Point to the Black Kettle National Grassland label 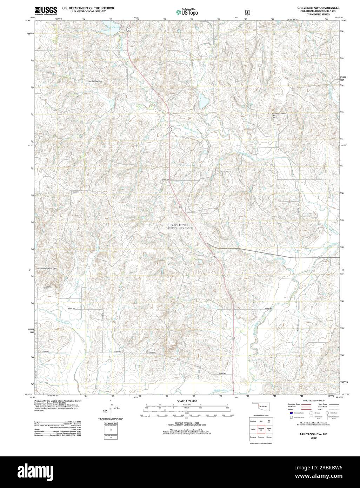(x=179, y=226)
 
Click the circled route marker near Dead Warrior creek (x=169, y=129)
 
